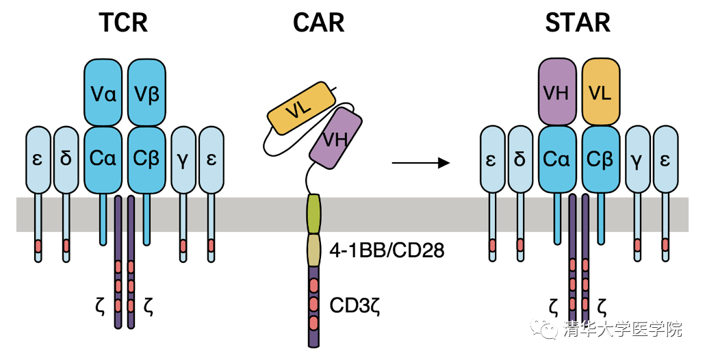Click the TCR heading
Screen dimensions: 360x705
click(123, 23)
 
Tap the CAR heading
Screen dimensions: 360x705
click(318, 23)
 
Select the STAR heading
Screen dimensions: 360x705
click(578, 23)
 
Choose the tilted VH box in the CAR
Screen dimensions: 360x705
click(334, 139)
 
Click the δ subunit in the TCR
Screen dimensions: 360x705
click(66, 159)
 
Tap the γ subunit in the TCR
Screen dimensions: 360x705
click(184, 159)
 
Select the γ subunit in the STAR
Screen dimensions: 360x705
click(639, 159)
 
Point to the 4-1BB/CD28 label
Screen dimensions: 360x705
click(387, 250)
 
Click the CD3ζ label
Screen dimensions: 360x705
click(355, 303)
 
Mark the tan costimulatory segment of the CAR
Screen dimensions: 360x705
click(314, 249)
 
